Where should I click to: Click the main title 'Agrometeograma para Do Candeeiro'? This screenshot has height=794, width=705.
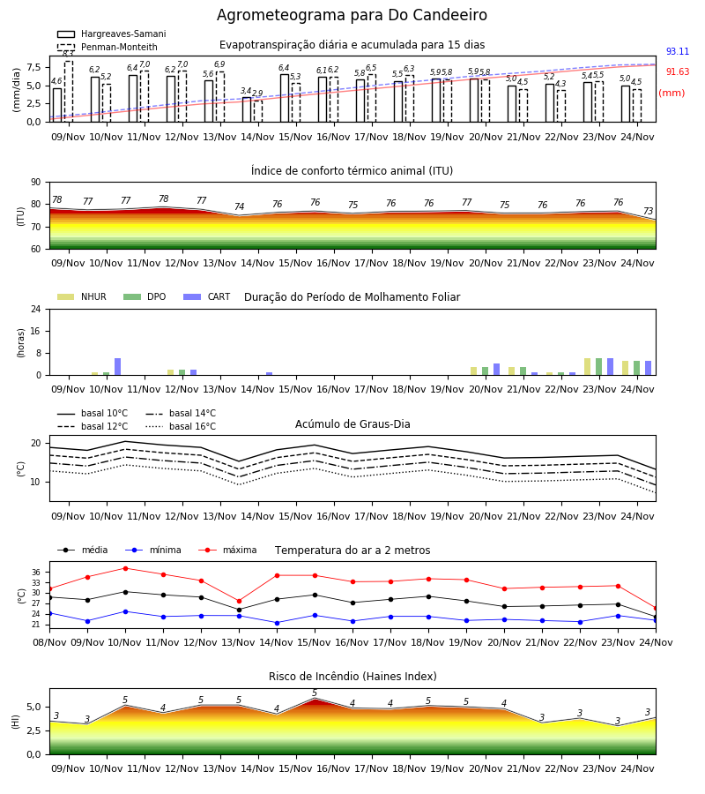[x=352, y=15]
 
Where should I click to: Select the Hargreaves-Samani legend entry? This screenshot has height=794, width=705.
[x=112, y=34]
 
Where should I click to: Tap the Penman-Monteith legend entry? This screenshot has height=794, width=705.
[x=108, y=47]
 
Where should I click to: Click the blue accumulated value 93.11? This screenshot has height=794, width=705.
[x=678, y=52]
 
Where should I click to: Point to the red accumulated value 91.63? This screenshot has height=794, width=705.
[x=678, y=72]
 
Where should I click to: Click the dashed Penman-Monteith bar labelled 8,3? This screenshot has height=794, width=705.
[x=69, y=91]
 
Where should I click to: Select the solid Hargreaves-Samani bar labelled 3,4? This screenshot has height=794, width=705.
[x=247, y=109]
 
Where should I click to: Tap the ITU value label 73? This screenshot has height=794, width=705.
[x=648, y=211]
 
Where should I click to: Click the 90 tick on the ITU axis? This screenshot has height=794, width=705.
[x=36, y=183]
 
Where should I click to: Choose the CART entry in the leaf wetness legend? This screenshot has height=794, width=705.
[x=207, y=296]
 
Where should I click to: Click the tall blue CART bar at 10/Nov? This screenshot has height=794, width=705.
[x=118, y=367]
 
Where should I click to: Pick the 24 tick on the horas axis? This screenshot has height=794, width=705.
[x=36, y=309]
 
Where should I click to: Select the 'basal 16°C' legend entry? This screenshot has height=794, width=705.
[x=181, y=426]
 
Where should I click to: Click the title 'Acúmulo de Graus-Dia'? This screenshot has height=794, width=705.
[x=352, y=424]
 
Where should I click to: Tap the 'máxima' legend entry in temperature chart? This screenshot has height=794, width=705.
[x=227, y=550]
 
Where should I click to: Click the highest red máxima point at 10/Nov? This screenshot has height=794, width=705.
[x=125, y=568]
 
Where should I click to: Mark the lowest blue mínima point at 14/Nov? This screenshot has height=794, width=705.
[x=277, y=623]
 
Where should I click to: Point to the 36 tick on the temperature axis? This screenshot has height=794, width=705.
[x=36, y=573]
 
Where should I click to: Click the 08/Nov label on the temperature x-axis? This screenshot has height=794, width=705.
[x=49, y=642]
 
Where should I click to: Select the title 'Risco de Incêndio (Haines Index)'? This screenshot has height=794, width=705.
[x=352, y=677]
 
